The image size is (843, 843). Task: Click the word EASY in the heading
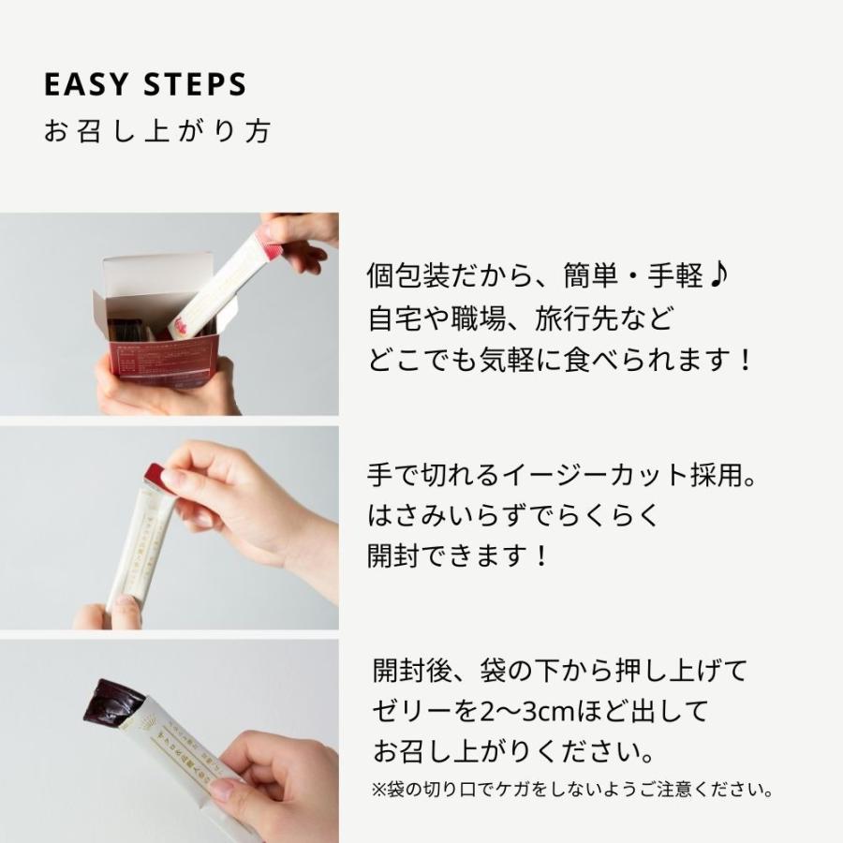click(x=86, y=84)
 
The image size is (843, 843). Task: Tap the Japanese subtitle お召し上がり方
click(x=157, y=131)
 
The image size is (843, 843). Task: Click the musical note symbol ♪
click(x=718, y=275)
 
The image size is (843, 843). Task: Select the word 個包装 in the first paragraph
click(x=409, y=275)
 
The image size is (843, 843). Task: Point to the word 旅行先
click(x=576, y=318)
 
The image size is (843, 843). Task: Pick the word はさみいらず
click(x=448, y=515)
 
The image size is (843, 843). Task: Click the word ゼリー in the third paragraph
click(x=412, y=711)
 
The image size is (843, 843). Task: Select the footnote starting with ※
click(x=572, y=790)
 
